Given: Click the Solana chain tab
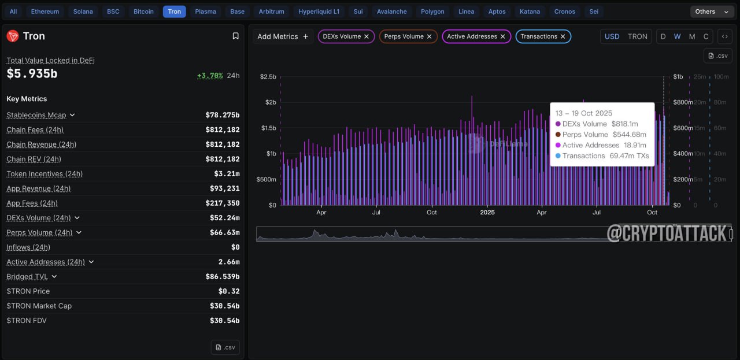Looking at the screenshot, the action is click(x=83, y=12).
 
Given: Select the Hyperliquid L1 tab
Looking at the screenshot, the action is click(x=319, y=12).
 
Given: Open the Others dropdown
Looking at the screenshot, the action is click(x=712, y=12).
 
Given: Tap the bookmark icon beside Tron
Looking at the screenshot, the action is click(x=235, y=36).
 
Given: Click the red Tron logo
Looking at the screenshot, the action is click(x=13, y=36).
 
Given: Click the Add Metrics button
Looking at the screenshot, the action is click(x=283, y=36).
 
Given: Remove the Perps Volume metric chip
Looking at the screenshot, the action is click(x=429, y=36).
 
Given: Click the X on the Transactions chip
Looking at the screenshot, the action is click(x=563, y=36).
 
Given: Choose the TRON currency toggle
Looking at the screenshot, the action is click(x=637, y=36).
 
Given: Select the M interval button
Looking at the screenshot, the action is click(x=692, y=36).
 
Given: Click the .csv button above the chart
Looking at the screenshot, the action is click(x=718, y=56).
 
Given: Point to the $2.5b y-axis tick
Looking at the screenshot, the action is click(x=268, y=77).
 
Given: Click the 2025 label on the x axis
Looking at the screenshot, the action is click(x=487, y=213).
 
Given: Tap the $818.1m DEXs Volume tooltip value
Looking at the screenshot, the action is click(x=625, y=124).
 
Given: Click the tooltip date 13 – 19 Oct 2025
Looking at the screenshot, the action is click(x=584, y=113).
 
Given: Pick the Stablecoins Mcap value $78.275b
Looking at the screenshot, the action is click(x=223, y=115).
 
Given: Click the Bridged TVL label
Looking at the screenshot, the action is click(x=27, y=276).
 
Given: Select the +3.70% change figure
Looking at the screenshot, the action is click(x=210, y=76).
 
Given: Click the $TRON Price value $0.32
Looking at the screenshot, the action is click(x=228, y=291).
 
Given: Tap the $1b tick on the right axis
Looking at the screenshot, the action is click(x=678, y=77).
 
